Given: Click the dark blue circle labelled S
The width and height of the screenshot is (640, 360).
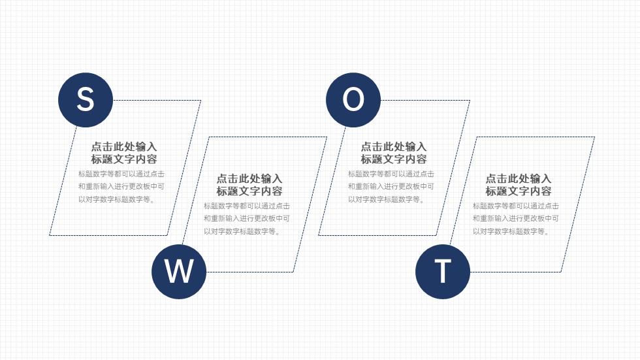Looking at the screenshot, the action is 86,100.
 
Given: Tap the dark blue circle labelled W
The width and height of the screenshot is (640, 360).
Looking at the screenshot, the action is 179,272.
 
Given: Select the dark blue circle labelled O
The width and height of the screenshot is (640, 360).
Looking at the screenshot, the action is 353,100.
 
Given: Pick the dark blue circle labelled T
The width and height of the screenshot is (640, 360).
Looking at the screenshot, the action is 443,272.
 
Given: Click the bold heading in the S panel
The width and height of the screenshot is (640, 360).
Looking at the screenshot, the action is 123,153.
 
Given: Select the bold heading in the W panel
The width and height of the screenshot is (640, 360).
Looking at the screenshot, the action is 249,185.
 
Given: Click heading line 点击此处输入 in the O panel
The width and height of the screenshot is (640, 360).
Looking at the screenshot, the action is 393,146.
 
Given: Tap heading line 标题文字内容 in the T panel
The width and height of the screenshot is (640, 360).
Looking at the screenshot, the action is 519,191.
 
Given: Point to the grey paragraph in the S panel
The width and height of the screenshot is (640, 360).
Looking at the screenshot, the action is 121,186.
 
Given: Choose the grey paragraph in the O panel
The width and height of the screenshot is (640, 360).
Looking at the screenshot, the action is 391,186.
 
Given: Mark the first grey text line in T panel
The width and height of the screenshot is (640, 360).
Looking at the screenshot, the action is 515,206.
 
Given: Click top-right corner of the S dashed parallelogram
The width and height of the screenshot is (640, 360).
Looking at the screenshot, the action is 201,100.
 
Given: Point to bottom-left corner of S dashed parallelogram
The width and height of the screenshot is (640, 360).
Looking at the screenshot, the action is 50,235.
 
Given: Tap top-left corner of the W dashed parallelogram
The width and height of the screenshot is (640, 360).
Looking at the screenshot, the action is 208,137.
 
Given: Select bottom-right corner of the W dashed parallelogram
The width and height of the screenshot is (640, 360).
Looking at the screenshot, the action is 293,272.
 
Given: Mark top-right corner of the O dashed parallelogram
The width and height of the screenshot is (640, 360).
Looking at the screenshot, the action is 470,100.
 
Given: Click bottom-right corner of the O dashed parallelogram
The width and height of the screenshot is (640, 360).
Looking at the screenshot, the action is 436,235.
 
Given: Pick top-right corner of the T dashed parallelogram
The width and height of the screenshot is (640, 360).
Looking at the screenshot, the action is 595,137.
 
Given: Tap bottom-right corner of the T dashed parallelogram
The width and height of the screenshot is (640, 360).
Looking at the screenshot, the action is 561,272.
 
